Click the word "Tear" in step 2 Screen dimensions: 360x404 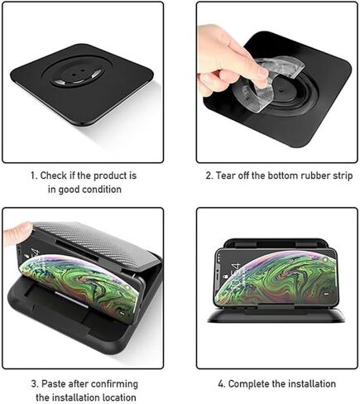click(225, 176)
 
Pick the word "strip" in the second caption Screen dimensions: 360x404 click(342, 176)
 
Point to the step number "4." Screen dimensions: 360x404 click(222, 384)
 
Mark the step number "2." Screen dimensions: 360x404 click(209, 176)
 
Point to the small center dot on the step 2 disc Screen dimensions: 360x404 click(281, 90)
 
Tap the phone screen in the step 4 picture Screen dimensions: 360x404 click(276, 277)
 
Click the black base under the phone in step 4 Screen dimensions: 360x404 click(276, 316)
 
